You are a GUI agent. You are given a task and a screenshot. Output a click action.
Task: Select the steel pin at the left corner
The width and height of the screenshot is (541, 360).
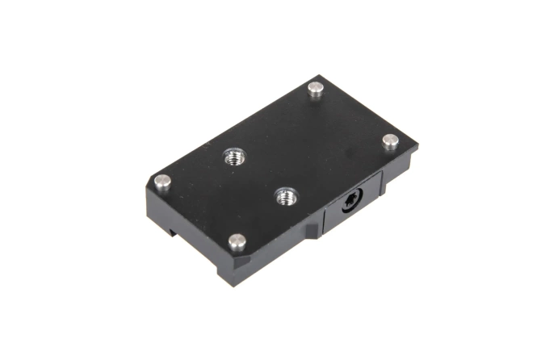pyautogui.click(x=164, y=182)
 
